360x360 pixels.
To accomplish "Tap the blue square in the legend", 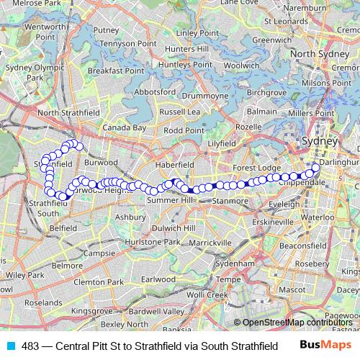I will click(x=9, y=346).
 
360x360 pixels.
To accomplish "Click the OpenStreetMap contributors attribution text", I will click(x=297, y=323).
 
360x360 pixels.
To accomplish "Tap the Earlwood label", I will click(x=158, y=278).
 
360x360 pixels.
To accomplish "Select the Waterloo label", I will click(x=318, y=216).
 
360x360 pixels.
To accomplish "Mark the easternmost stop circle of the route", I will click(x=315, y=168).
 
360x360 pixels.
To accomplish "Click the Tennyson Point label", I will click(x=117, y=43).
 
